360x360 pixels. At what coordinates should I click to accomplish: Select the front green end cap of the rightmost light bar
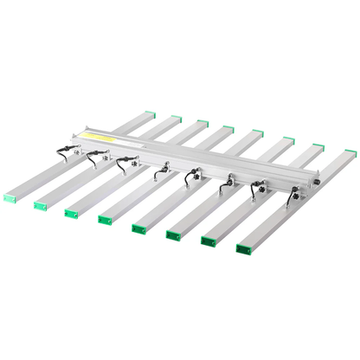point(243,249)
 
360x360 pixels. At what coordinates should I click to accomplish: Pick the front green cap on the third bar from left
point(70,213)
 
